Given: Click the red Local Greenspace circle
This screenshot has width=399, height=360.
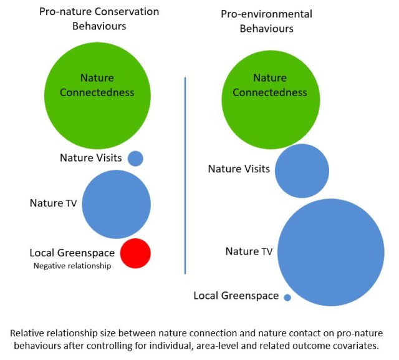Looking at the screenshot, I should point(135,253).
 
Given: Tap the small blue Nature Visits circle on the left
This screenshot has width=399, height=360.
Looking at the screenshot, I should point(135,158).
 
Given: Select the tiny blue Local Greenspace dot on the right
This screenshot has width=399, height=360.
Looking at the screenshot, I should point(287,298).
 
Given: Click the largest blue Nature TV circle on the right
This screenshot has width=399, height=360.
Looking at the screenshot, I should point(330,252).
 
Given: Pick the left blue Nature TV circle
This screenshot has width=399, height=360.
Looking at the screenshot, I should point(117,204).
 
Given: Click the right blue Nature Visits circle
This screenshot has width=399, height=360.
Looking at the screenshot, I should point(302,171).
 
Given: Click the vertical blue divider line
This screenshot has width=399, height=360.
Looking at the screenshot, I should point(185,175).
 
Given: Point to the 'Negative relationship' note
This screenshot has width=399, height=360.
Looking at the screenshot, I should point(71,266).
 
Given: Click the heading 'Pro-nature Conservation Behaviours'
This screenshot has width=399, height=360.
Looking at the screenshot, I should point(99,19).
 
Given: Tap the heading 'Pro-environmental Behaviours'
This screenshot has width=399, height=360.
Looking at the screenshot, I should point(267,21).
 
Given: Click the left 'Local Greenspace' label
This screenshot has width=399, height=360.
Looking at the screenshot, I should point(72,253).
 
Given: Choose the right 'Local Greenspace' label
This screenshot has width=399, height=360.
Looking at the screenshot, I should point(236,296).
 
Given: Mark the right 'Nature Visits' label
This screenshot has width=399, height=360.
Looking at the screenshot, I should point(239,169).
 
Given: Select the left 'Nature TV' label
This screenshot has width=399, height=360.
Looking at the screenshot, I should point(53,203).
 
